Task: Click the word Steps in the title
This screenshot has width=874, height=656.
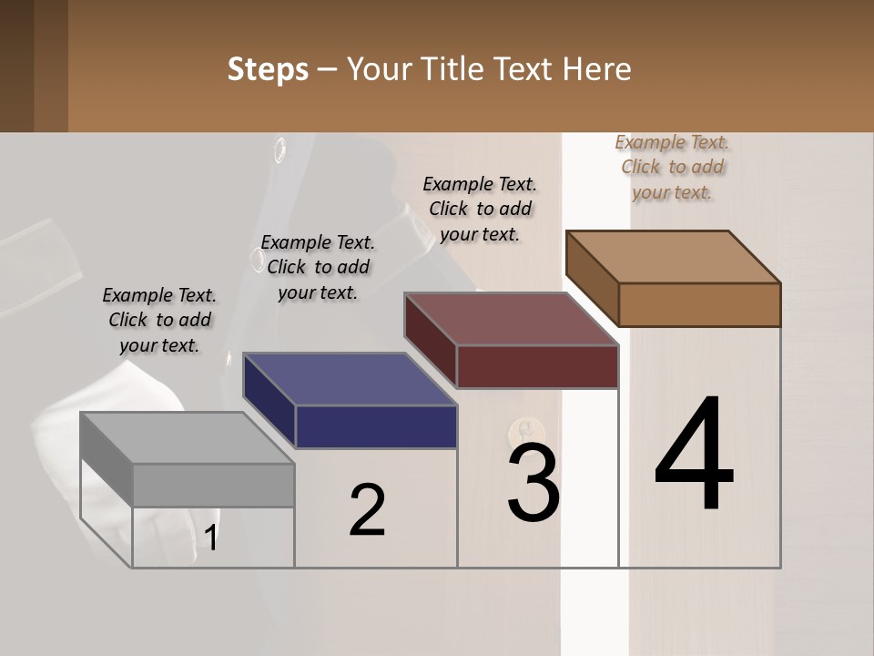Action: [x=268, y=69]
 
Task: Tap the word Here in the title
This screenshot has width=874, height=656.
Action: [x=598, y=69]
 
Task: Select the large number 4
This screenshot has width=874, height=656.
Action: [x=694, y=456]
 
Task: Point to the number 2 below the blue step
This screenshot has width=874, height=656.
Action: [x=367, y=509]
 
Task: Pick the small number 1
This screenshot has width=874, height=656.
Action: [x=211, y=538]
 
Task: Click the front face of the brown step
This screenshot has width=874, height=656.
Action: [x=699, y=304]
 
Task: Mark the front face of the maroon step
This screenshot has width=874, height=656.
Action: [x=537, y=366]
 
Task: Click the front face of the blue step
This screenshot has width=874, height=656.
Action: [x=376, y=426]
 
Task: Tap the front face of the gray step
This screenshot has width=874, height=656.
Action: [x=214, y=485]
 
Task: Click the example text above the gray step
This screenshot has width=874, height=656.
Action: [x=159, y=320]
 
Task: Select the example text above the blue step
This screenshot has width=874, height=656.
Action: [x=318, y=267]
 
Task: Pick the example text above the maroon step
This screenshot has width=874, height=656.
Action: [x=480, y=209]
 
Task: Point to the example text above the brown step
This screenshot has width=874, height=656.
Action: [x=672, y=167]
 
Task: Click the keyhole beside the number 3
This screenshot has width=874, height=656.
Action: [x=522, y=428]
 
